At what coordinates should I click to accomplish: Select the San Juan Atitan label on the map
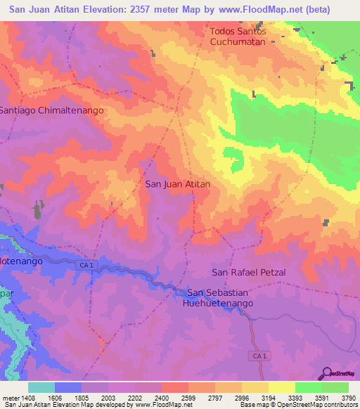point(177,184)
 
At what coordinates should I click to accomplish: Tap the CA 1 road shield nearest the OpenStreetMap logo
point(259,356)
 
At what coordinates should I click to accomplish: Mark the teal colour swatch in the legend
point(41,387)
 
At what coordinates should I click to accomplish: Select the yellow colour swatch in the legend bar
point(281,387)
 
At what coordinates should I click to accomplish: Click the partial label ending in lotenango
point(22,260)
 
